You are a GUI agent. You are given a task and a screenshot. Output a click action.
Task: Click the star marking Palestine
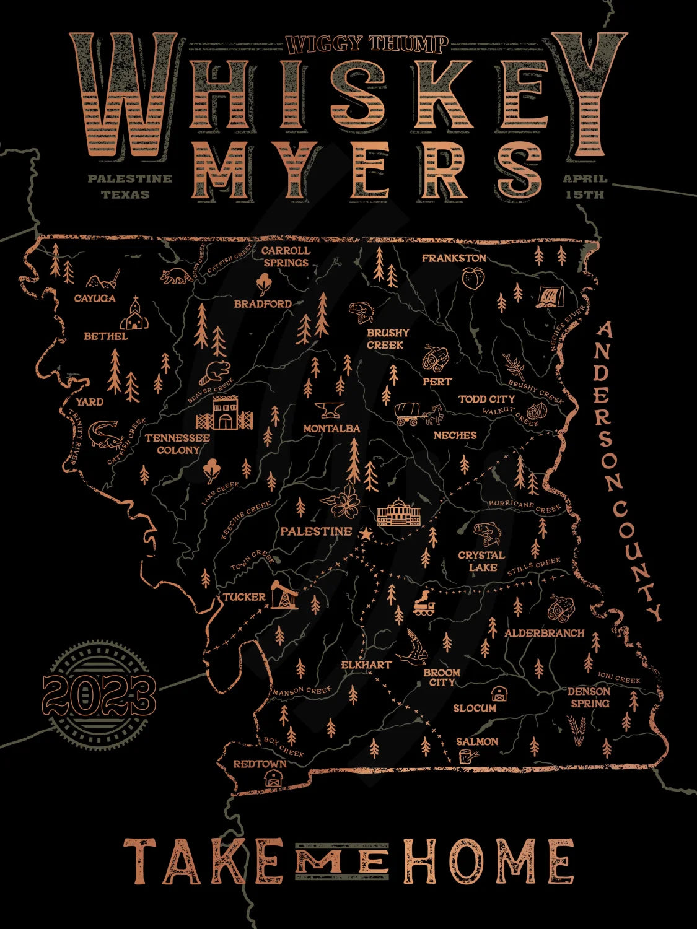tap(366, 533)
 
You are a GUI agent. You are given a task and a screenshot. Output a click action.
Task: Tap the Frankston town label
tap(454, 258)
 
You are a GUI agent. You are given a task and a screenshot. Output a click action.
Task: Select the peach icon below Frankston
tap(472, 279)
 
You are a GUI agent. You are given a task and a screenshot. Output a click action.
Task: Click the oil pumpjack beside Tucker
tap(284, 595)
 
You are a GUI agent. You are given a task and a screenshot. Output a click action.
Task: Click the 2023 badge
tap(99, 694)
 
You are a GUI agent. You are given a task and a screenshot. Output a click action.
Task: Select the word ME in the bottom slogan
tap(341, 860)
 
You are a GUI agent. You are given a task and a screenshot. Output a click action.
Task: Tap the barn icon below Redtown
tap(273, 779)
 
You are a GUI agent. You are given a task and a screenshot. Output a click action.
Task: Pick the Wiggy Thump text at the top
tap(367, 44)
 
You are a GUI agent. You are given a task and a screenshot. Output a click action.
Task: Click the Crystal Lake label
tap(481, 560)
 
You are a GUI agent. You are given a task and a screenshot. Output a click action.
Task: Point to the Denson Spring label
tap(589, 697)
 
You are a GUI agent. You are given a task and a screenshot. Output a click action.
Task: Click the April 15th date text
tap(585, 186)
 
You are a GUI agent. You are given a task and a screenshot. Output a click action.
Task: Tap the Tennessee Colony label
tap(178, 443)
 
